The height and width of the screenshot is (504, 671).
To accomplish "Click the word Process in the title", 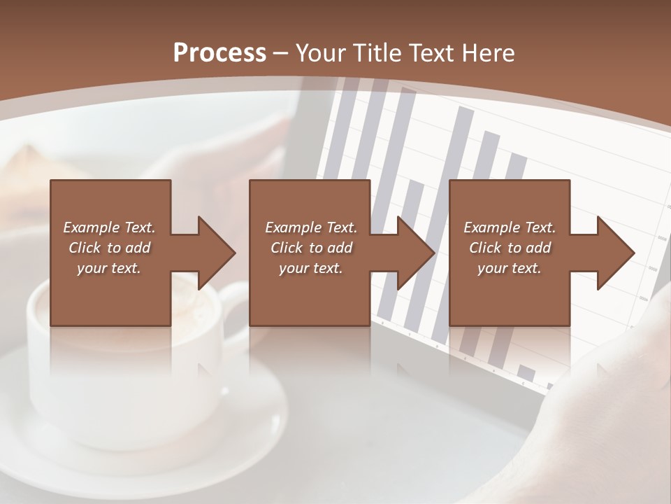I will click(219, 53).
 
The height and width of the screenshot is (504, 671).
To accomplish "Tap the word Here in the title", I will click(489, 53).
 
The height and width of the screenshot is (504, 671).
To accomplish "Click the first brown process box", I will click(110, 203).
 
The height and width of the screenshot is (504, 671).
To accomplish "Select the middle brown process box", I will click(310, 203).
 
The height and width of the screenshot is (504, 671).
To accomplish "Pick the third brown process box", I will click(509, 203).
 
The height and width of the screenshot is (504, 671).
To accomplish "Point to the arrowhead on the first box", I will click(216, 253).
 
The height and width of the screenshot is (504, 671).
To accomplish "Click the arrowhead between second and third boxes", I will click(416, 253).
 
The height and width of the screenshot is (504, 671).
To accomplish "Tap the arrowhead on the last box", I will click(616, 253).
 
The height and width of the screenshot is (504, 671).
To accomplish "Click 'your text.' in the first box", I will click(109, 268).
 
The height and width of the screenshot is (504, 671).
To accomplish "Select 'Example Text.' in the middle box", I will click(311, 227).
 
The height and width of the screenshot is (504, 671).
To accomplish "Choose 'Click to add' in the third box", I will click(510, 248).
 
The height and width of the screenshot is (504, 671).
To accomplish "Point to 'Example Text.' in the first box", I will click(109, 227).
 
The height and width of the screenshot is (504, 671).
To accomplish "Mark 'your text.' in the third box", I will click(510, 268).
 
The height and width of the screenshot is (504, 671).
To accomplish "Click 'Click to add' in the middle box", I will click(311, 248).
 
